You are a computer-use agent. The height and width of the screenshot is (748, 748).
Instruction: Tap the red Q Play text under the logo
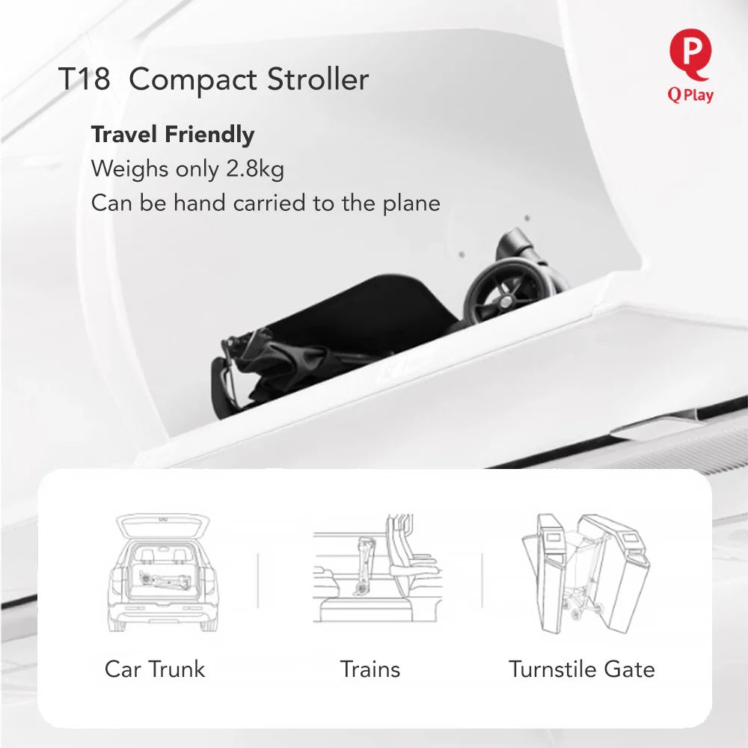[x=690, y=95]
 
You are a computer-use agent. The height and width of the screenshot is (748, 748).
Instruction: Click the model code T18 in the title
[x=84, y=79]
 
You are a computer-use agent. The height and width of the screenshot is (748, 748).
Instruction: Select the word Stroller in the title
[x=318, y=79]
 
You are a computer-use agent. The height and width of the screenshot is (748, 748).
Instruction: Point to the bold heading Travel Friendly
[x=173, y=135]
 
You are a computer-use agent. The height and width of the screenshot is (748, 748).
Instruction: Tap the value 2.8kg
[x=255, y=169]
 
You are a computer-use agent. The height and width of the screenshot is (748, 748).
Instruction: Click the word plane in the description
[x=411, y=203]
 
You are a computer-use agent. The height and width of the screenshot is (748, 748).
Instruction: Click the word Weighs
[x=130, y=169]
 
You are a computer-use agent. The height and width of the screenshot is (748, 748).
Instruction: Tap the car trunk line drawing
[x=162, y=572]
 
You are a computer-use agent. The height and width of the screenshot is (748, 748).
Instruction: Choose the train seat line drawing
[x=377, y=568]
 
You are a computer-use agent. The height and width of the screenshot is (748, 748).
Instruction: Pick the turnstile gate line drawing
[x=586, y=574]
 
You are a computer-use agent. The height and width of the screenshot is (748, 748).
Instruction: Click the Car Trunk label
[x=155, y=669]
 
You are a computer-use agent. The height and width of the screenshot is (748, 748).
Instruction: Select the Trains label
[x=370, y=669]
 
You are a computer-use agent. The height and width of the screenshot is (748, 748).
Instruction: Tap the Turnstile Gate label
[x=582, y=669]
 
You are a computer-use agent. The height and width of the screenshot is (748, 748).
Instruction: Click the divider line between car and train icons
[x=258, y=580]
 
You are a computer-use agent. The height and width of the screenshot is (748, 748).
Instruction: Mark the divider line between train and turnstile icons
[x=482, y=580]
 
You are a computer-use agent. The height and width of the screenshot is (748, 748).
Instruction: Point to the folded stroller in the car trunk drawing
[x=165, y=579]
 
